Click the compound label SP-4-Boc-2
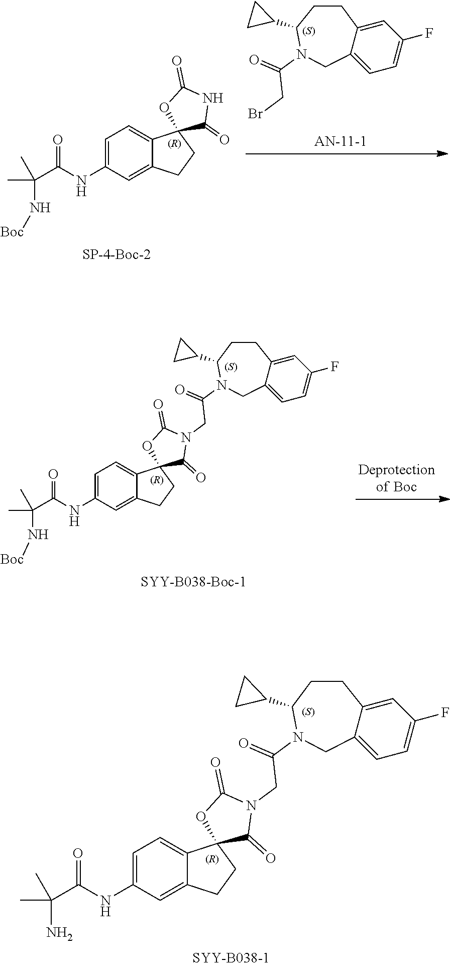click(117, 255)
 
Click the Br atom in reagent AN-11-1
click(256, 114)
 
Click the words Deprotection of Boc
click(396, 478)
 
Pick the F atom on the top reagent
click(428, 33)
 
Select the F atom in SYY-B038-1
click(444, 712)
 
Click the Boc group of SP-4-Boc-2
click(12, 231)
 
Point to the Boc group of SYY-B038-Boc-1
click(12, 559)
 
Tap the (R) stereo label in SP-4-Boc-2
click(174, 144)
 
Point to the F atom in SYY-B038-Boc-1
click(334, 368)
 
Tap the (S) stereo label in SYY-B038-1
click(310, 712)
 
